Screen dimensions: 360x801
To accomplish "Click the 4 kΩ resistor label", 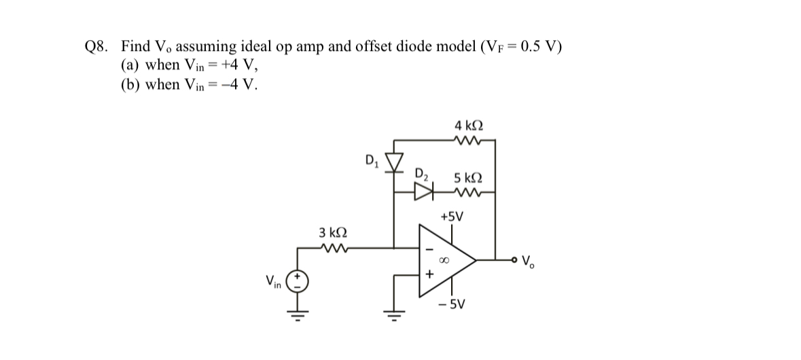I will click(x=468, y=126).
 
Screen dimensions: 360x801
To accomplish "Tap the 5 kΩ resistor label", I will click(x=468, y=179).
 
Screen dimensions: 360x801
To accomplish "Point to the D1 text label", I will click(x=372, y=161).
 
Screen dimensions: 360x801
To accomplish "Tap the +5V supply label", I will click(x=451, y=217).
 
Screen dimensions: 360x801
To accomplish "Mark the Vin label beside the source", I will click(x=273, y=281).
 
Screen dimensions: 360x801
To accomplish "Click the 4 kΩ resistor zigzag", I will click(x=469, y=142).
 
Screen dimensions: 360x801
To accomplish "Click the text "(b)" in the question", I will click(x=131, y=85).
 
